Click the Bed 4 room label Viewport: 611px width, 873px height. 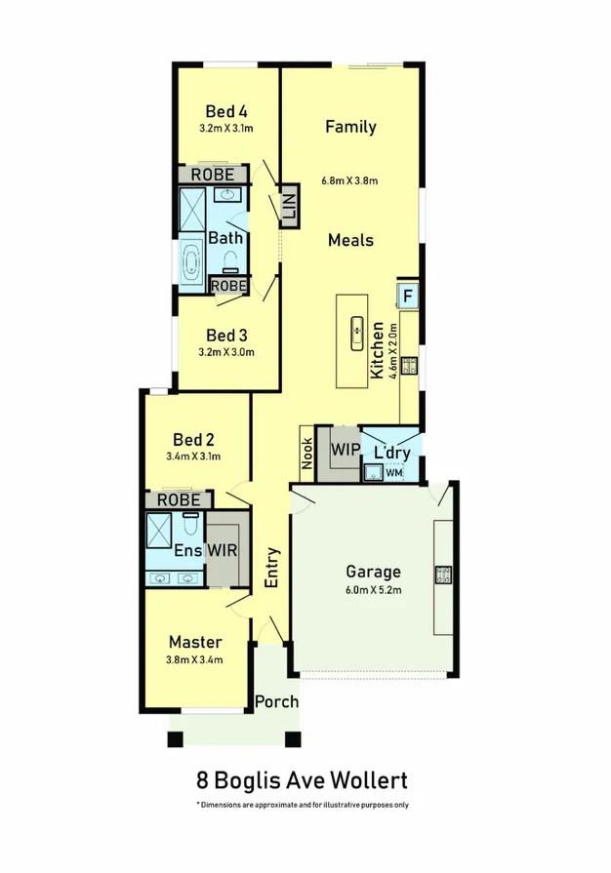point(225,110)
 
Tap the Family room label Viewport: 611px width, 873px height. point(350,127)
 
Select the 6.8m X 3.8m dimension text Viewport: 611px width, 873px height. point(349,180)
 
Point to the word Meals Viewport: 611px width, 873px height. point(350,240)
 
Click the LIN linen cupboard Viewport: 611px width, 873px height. point(288,206)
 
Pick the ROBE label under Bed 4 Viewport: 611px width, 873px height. point(212,175)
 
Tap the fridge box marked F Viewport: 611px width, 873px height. point(408,295)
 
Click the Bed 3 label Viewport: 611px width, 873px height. point(225,335)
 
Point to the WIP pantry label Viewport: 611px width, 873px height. point(345,451)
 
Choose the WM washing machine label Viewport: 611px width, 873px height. point(393,473)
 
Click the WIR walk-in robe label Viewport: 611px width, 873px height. point(222,551)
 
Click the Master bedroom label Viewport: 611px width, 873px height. point(195,642)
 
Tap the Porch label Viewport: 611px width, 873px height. point(276,701)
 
